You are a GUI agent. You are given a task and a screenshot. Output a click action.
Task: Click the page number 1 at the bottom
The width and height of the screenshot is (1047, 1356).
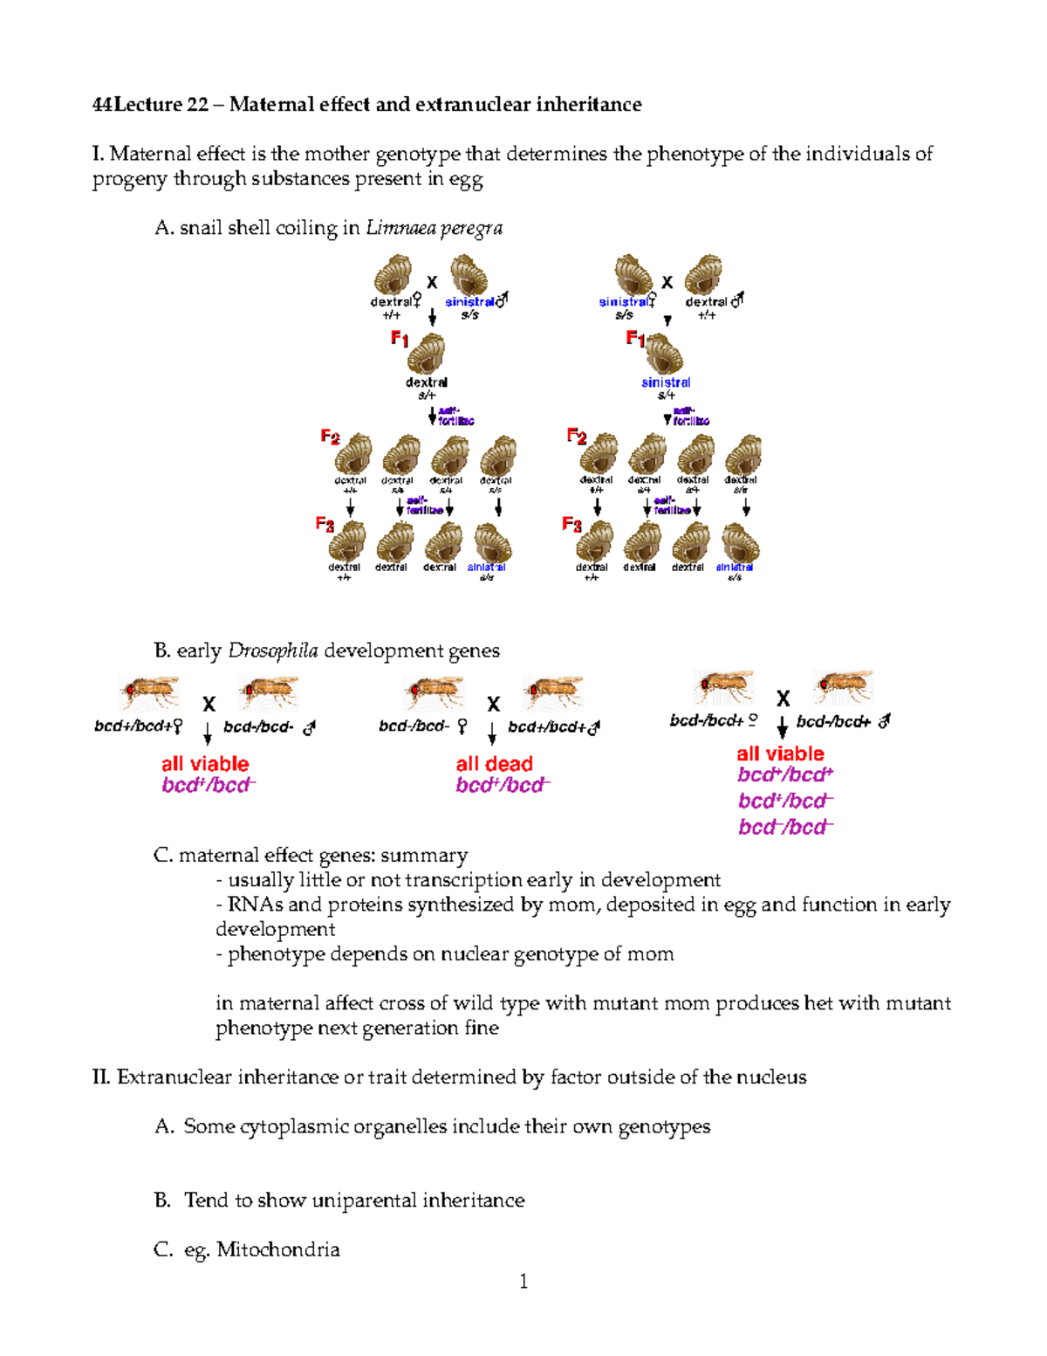[523, 1281]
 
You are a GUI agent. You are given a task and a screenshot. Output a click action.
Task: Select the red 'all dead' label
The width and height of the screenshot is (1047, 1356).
[494, 763]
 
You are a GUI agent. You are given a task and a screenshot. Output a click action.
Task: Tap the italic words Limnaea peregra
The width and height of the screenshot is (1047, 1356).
[434, 228]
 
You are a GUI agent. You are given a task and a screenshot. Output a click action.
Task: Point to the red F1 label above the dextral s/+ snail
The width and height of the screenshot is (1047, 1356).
[400, 338]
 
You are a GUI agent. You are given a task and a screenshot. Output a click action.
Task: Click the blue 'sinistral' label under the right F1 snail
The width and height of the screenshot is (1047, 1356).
[666, 382]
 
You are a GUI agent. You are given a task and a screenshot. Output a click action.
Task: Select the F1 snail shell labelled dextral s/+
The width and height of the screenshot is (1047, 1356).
[427, 354]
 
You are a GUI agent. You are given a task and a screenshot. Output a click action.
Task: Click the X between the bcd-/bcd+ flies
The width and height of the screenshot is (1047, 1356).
[783, 699]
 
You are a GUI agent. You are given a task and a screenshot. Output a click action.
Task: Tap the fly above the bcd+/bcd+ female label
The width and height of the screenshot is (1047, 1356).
[150, 692]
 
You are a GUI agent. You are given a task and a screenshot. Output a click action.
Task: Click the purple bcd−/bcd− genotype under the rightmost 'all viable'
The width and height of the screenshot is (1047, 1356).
[785, 827]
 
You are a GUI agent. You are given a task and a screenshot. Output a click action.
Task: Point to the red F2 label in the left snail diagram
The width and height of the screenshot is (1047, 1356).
[330, 437]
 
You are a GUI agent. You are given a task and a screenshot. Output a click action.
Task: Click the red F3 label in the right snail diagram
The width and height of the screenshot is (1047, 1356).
[571, 524]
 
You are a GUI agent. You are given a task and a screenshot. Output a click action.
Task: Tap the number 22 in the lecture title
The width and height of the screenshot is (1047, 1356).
[197, 105]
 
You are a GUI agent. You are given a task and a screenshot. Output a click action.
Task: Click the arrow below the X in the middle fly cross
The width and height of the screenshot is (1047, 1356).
[493, 732]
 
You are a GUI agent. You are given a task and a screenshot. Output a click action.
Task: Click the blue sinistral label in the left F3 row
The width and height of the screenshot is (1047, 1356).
[486, 568]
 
